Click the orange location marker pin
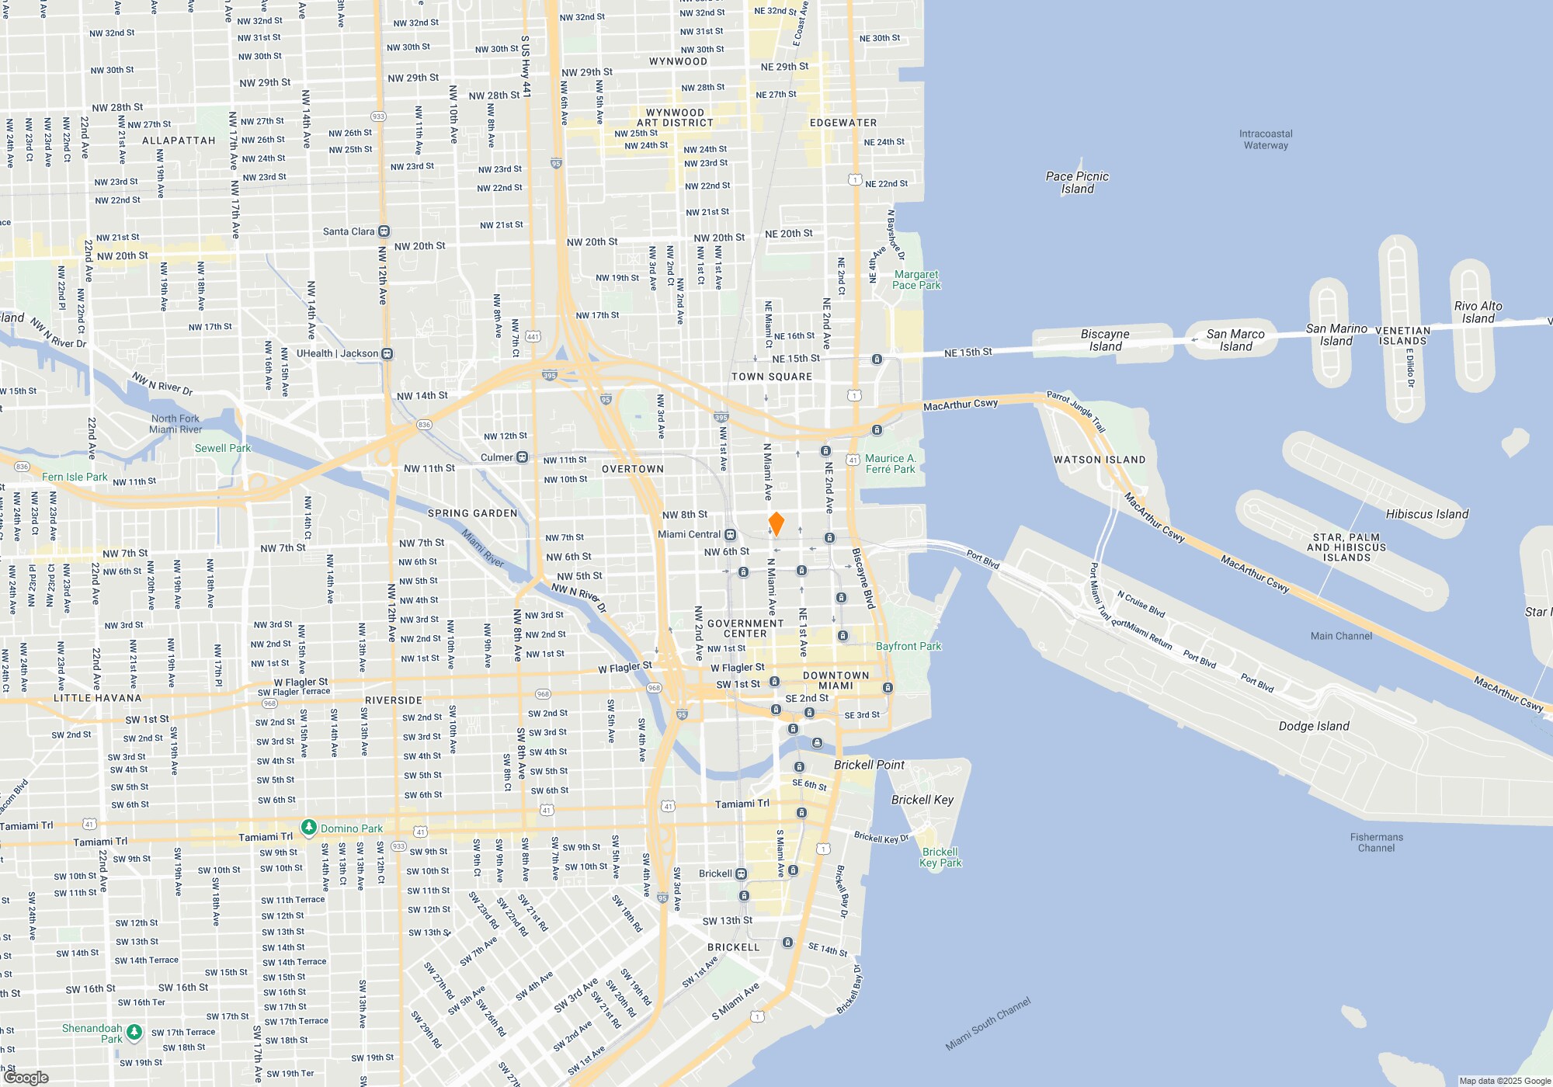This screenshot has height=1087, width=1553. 776,523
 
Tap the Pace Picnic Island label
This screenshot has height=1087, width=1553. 1077,182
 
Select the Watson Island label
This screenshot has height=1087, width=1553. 1099,460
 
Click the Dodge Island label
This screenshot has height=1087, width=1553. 1314,726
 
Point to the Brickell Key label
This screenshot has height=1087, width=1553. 922,800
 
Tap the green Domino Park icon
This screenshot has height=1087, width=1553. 309,828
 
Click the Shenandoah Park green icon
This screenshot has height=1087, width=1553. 134,1032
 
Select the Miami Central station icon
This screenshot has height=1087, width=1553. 730,534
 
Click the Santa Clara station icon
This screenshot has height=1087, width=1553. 384,231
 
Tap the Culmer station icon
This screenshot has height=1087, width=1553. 523,457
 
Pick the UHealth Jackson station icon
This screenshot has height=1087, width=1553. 387,354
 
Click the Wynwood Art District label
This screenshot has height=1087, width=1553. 675,118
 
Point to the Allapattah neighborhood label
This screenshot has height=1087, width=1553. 179,141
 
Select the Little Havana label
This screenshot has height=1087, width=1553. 98,698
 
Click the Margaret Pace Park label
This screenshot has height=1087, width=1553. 916,280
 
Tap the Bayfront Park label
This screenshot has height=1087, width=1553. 908,646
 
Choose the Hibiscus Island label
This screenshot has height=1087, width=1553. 1427,514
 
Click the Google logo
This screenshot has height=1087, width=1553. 26,1077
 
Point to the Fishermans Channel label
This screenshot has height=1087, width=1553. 1376,842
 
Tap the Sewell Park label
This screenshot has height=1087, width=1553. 223,448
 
